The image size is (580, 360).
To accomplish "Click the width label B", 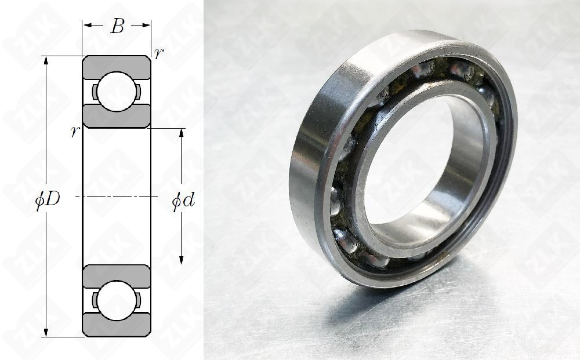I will pos(117,26).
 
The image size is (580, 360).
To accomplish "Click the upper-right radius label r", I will pos(158,53).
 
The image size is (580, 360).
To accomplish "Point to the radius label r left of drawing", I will pos(74,132).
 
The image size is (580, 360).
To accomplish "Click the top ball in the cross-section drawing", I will pos(117,92).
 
